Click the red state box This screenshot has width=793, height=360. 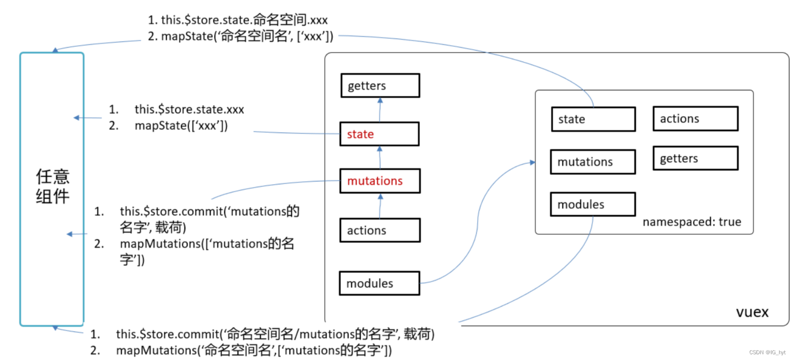379,134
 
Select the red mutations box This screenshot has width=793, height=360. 379,181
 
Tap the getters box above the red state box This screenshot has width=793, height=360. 380,86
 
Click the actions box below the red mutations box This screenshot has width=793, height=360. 379,231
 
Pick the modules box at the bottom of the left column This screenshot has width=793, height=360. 379,283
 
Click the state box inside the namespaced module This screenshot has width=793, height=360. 593,119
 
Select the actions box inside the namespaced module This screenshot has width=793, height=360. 695,119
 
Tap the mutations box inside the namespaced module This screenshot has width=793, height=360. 592,162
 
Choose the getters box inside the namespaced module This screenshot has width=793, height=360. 695,159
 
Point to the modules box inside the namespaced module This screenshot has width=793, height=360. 592,205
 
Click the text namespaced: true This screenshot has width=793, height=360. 691,222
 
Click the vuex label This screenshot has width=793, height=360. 752,312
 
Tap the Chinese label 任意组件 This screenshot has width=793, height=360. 52,186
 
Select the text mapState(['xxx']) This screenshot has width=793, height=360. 181,126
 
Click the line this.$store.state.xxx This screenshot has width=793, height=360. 189,109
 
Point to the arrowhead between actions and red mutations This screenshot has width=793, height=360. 380,197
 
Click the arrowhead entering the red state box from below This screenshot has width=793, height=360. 380,149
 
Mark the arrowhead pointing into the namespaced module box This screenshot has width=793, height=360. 532,163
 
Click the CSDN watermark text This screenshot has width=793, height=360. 767,352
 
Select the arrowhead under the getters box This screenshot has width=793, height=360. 380,101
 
